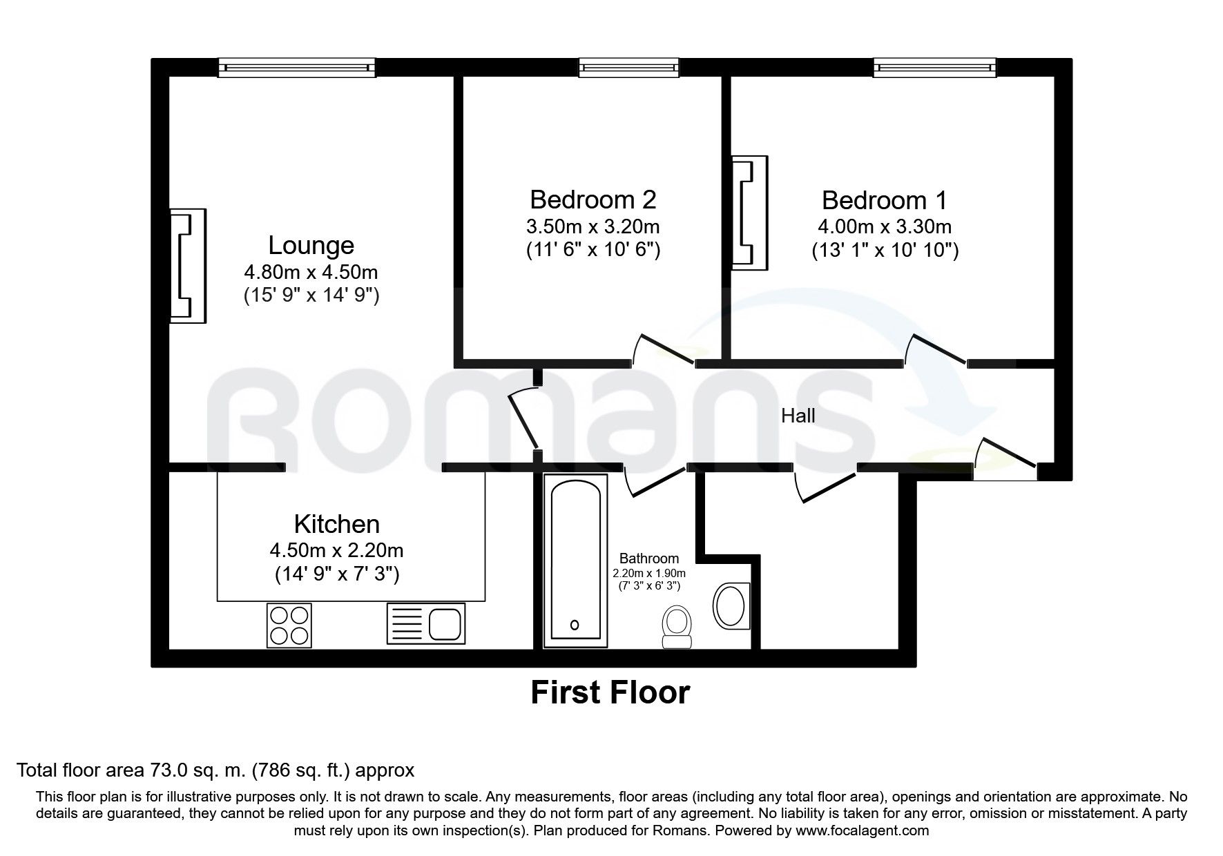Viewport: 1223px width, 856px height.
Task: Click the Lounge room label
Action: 311,245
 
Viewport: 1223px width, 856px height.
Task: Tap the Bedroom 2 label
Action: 593,200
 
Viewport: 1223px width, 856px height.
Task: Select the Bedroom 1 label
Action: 885,200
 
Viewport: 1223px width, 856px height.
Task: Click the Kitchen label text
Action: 336,525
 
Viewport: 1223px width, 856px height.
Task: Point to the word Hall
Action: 798,416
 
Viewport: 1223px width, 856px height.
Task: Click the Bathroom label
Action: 648,558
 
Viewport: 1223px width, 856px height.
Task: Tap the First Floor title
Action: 610,692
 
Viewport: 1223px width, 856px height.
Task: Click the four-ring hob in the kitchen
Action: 289,625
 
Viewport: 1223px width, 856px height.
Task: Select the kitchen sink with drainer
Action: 426,624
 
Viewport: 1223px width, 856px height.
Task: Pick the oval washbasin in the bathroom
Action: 731,605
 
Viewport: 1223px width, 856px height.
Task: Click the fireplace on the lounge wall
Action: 188,266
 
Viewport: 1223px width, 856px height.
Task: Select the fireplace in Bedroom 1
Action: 749,211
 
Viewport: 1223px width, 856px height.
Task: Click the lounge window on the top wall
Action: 297,68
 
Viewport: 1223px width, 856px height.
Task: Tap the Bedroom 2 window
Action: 628,68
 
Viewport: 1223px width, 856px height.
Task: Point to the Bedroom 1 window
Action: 935,68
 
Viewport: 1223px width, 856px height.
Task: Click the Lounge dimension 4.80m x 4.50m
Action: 311,271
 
